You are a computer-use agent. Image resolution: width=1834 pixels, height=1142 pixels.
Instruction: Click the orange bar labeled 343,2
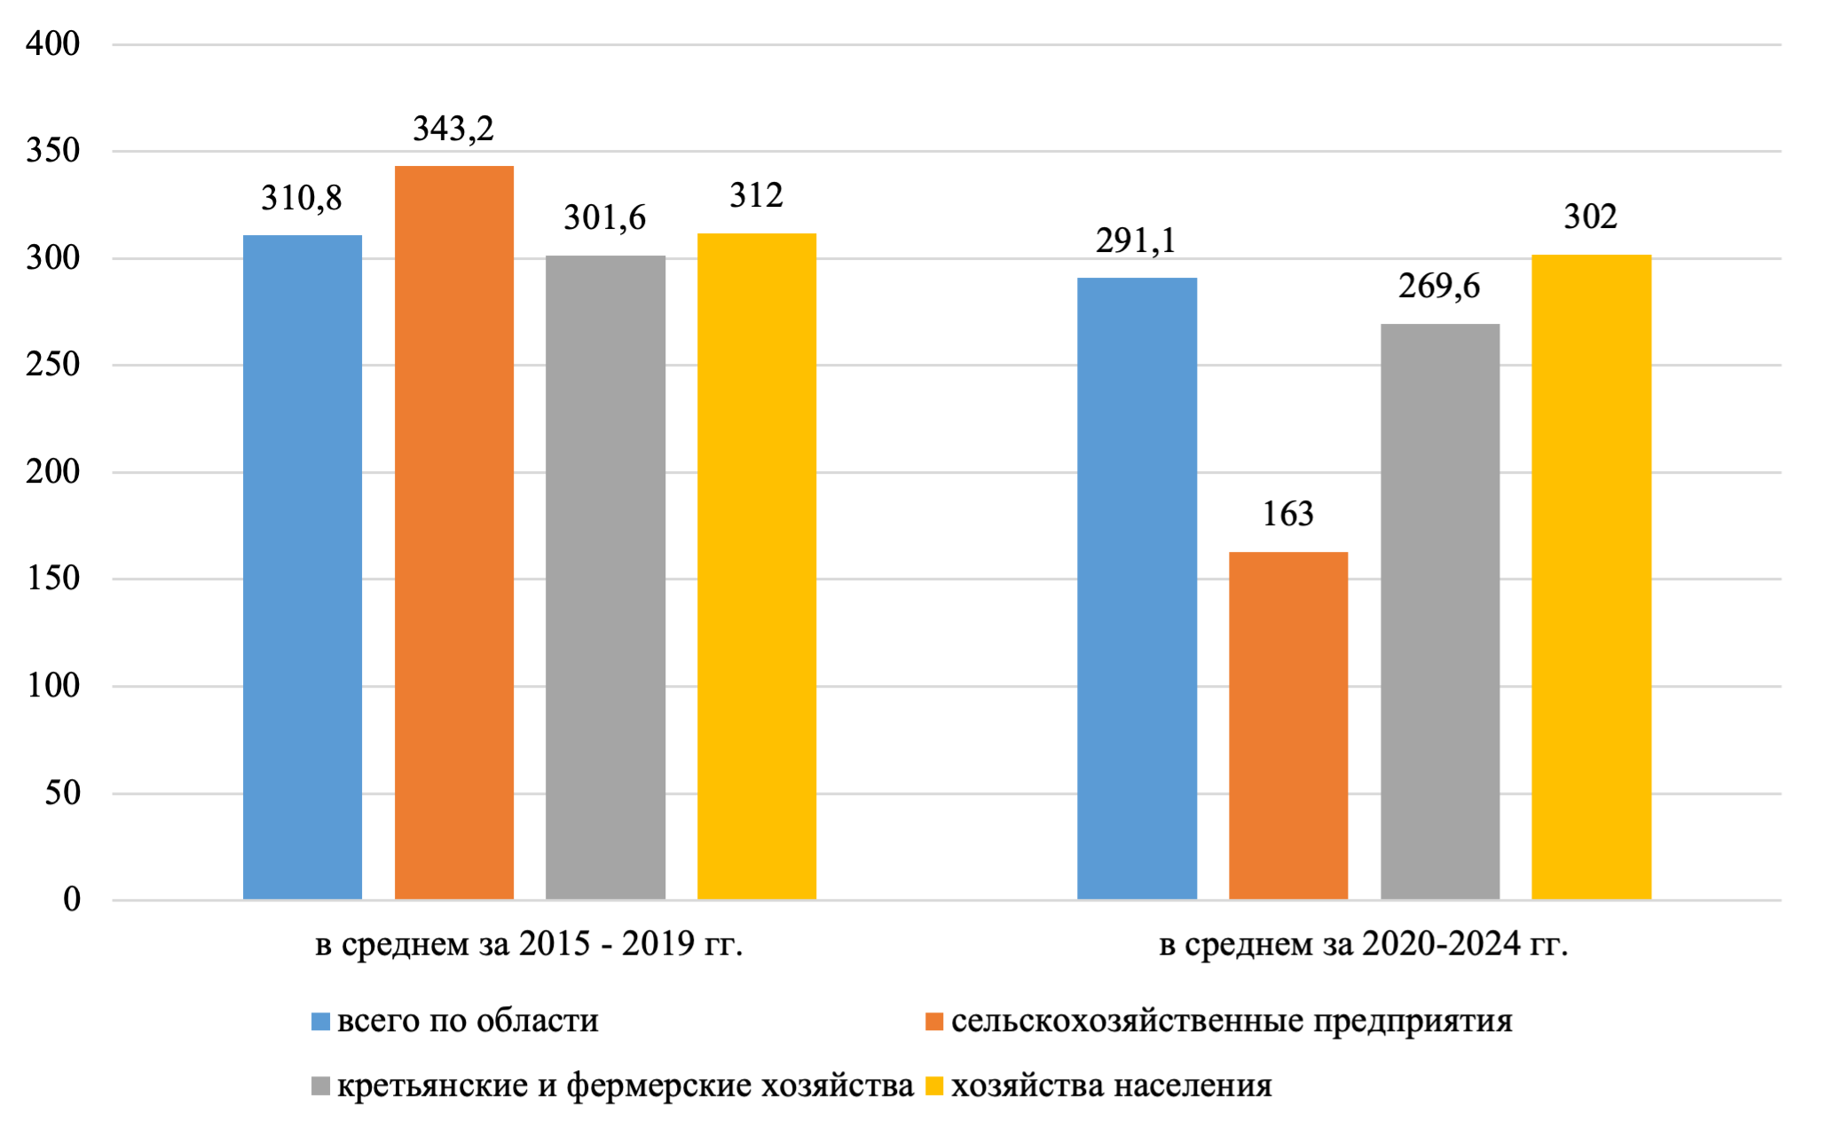click(453, 532)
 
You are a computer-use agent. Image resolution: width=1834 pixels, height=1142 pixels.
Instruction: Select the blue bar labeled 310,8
click(303, 568)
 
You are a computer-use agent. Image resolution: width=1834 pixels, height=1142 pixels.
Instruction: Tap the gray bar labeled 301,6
click(605, 577)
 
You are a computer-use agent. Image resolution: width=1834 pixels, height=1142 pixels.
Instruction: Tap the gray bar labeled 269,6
click(1439, 612)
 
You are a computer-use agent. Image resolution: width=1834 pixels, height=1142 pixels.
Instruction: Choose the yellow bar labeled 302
click(1591, 577)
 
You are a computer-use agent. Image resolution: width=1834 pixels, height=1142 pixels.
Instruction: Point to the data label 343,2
click(453, 130)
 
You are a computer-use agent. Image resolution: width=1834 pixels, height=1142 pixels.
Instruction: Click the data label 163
click(1287, 515)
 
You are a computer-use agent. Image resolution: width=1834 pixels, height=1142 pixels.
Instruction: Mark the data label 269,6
click(1439, 287)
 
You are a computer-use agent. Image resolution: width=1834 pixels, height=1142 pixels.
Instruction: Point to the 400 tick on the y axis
click(53, 43)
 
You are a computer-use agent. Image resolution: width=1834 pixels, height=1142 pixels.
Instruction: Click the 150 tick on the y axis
click(53, 579)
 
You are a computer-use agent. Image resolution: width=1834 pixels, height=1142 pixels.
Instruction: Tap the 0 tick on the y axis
click(71, 900)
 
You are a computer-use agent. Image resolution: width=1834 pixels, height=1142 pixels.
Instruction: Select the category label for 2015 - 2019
click(529, 944)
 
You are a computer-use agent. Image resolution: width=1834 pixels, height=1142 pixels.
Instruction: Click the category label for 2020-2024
click(1363, 944)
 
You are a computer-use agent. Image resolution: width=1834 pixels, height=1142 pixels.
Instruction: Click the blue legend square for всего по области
click(320, 1022)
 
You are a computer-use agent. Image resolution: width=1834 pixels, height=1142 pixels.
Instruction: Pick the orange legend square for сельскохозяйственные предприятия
click(933, 1022)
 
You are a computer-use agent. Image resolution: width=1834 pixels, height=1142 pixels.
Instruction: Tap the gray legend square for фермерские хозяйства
click(320, 1086)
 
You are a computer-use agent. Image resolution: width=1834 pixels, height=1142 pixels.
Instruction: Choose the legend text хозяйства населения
click(1111, 1086)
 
